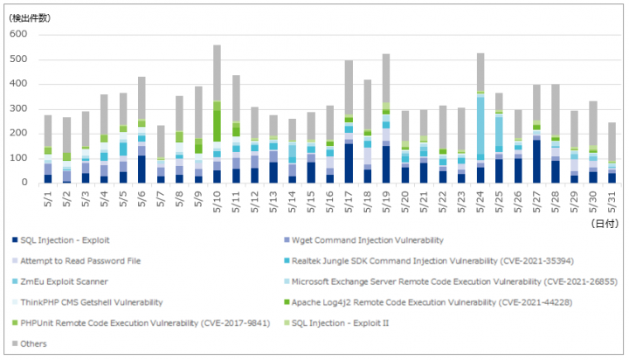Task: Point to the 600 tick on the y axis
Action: [x=18, y=34]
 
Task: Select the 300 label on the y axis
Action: [x=18, y=108]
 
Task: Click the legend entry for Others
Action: [x=30, y=343]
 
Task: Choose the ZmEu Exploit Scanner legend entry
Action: [x=60, y=281]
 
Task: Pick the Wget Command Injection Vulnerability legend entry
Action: [x=363, y=240]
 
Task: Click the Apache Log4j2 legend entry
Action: [x=428, y=302]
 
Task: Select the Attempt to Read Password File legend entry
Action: [x=77, y=261]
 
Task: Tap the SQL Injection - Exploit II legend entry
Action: [x=336, y=323]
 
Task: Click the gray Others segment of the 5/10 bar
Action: [x=217, y=73]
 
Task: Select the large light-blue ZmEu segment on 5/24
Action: [x=480, y=126]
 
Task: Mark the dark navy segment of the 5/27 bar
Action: [x=536, y=162]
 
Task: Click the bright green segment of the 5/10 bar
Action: [x=217, y=126]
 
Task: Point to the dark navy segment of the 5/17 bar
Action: [x=349, y=163]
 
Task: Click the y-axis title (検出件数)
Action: [x=30, y=18]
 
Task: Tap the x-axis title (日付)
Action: [x=605, y=224]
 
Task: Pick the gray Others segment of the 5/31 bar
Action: [x=612, y=142]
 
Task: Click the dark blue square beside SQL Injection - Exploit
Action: [x=15, y=240]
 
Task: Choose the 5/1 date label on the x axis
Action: [x=48, y=199]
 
